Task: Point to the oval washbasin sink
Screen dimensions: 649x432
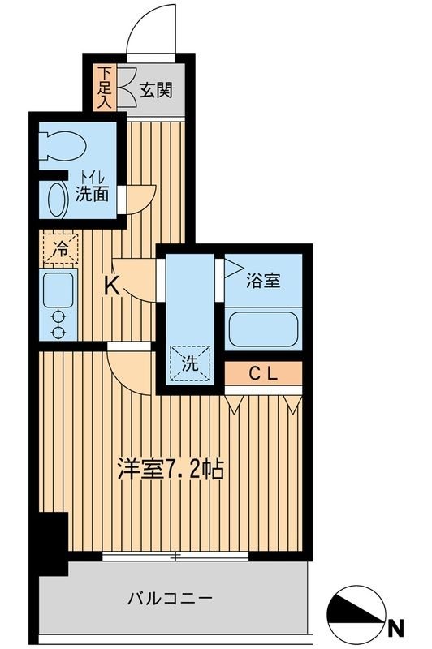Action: [56, 199]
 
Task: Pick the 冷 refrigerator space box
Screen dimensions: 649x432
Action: [59, 247]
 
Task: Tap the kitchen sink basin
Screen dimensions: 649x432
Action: [58, 289]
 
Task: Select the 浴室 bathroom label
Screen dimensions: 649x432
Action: [263, 281]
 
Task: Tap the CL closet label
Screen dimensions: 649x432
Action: [263, 374]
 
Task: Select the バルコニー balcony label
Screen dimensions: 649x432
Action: [170, 600]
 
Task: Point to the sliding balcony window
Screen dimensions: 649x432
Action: [175, 557]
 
